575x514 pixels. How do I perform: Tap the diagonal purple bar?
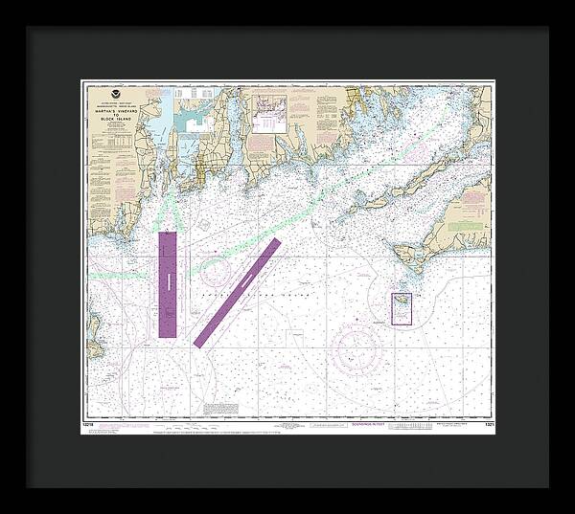coord(237,292)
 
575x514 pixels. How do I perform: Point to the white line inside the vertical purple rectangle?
coord(168,281)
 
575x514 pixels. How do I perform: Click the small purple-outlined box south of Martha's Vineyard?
coord(402,308)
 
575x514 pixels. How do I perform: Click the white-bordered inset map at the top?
coord(269,113)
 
